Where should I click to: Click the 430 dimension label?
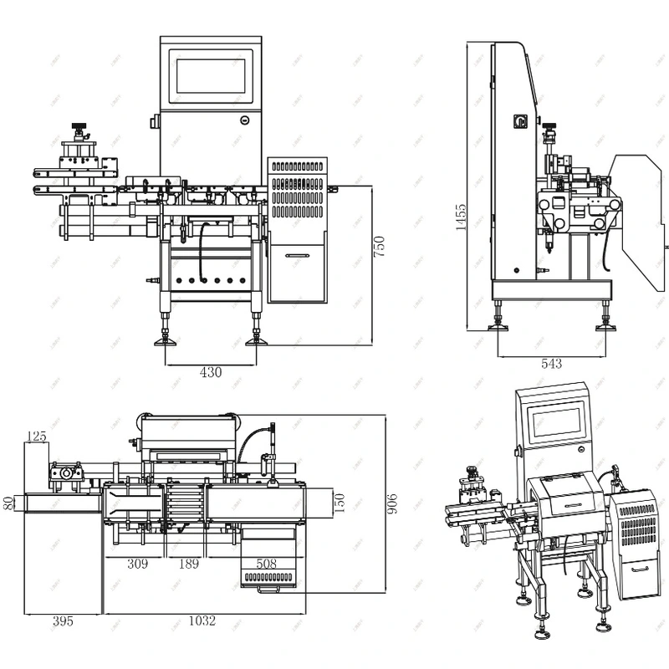pyautogui.click(x=211, y=372)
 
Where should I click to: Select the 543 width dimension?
pyautogui.click(x=551, y=364)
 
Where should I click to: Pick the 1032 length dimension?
pyautogui.click(x=202, y=620)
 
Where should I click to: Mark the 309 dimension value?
pyautogui.click(x=137, y=564)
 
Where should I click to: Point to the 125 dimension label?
pyautogui.click(x=36, y=437)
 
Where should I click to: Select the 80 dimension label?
pyautogui.click(x=8, y=503)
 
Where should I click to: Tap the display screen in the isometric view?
pyautogui.click(x=558, y=426)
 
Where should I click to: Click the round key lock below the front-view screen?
pyautogui.click(x=243, y=120)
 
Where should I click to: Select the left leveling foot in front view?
pyautogui.click(x=166, y=340)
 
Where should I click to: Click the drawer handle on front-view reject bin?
pyautogui.click(x=298, y=256)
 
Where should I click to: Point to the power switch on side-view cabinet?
pyautogui.click(x=518, y=123)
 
